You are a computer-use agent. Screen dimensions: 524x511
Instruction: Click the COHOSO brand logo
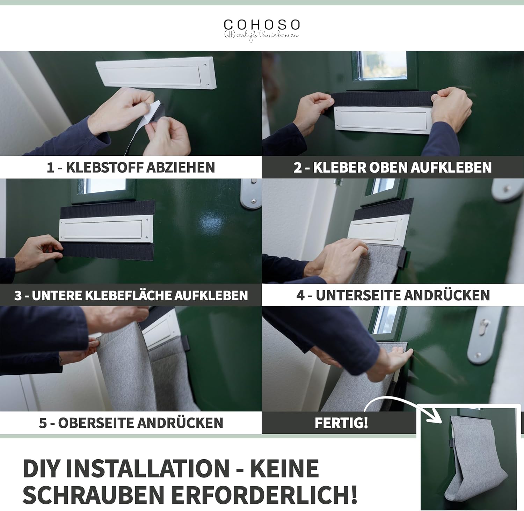coord(262,30)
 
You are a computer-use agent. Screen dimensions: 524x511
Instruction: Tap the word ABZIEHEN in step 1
coord(180,168)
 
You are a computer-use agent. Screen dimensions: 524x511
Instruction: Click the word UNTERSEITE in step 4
coord(356,295)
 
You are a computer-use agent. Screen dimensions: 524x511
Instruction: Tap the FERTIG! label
coord(341,423)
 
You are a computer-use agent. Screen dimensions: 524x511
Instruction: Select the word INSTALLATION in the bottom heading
coord(148,468)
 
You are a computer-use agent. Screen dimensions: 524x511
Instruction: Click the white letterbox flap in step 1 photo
coord(156,73)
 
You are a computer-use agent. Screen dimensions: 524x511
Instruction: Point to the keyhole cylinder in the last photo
coord(484,327)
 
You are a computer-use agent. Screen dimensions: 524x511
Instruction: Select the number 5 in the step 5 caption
coord(43,423)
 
